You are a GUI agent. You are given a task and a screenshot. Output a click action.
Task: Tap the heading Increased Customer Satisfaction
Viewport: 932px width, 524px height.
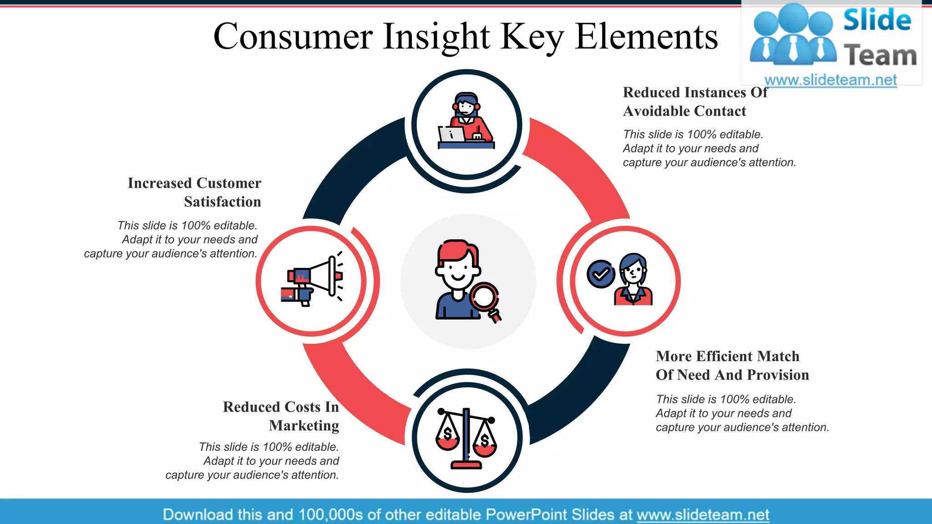click(x=195, y=192)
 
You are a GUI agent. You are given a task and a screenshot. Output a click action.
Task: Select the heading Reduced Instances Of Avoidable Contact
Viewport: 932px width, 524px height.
click(x=694, y=101)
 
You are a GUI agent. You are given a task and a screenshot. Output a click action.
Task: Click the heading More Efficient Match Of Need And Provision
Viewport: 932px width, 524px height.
click(x=732, y=365)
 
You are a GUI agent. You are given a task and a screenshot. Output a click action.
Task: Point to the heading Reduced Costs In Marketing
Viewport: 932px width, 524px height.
click(x=281, y=416)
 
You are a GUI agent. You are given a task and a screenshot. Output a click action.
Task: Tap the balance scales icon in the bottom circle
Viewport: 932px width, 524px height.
click(x=466, y=438)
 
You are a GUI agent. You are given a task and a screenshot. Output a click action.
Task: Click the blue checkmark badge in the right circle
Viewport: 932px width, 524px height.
click(x=600, y=274)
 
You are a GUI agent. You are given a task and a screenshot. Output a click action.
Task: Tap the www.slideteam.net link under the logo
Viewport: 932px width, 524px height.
click(x=831, y=80)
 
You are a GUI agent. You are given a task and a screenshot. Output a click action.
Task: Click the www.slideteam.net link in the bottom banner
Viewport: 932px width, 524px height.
click(x=703, y=514)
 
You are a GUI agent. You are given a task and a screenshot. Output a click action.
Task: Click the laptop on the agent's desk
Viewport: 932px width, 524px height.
click(x=451, y=134)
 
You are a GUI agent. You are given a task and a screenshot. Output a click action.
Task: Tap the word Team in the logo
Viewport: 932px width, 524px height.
click(x=880, y=55)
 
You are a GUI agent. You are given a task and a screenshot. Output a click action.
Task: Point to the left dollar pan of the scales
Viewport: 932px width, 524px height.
click(x=448, y=436)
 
